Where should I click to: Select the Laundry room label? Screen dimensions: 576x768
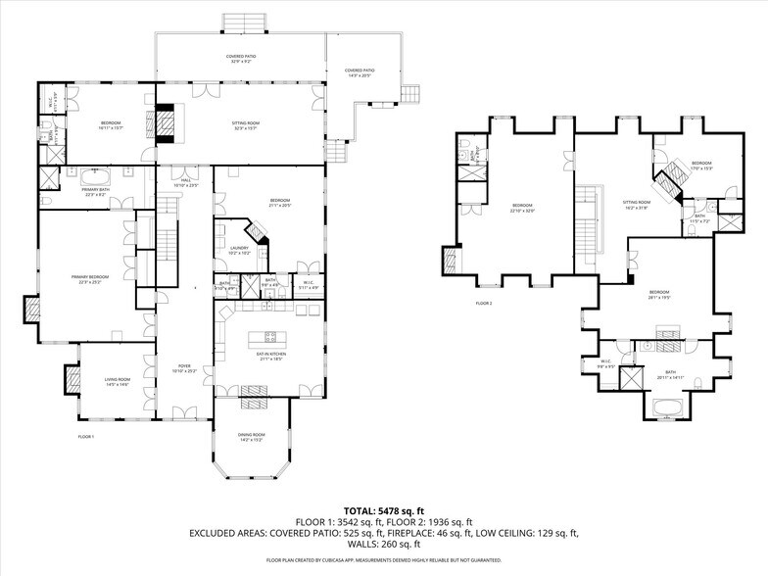pyautogui.click(x=240, y=252)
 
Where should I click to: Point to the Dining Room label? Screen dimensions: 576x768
pyautogui.click(x=252, y=436)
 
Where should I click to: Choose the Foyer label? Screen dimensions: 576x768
pyautogui.click(x=185, y=369)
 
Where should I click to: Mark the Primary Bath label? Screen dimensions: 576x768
pyautogui.click(x=94, y=193)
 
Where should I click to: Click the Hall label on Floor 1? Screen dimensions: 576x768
pyautogui.click(x=185, y=182)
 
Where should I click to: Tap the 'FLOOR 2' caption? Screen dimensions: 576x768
pyautogui.click(x=484, y=304)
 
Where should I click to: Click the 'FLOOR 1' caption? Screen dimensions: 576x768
pyautogui.click(x=86, y=436)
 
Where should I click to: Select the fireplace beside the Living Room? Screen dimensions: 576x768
pyautogui.click(x=72, y=378)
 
